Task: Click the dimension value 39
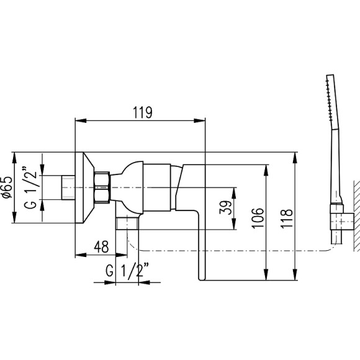(227, 205)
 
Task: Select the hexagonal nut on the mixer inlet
(102, 187)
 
